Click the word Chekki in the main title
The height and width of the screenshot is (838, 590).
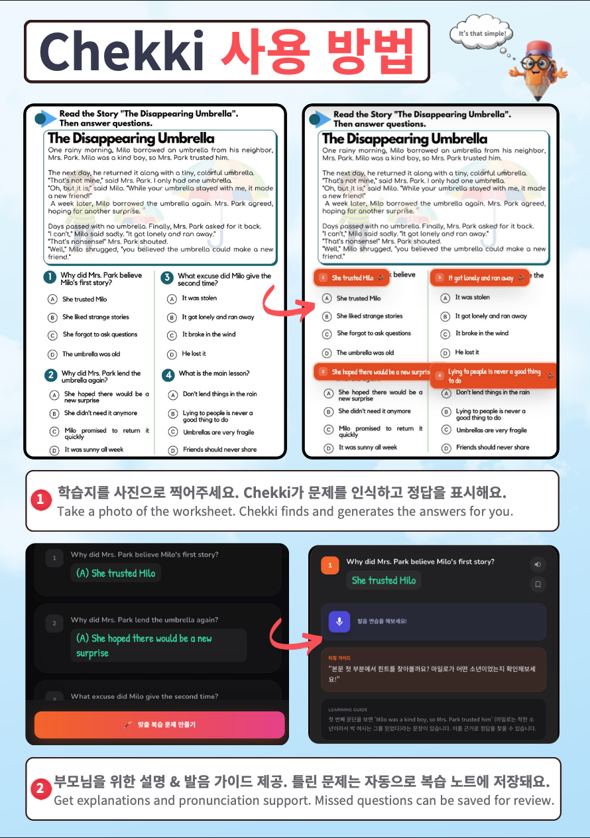121,52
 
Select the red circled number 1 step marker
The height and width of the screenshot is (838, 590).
40,501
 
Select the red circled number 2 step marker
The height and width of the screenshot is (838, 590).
40,789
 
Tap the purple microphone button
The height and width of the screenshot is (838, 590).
339,621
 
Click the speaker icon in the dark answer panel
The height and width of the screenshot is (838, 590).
538,565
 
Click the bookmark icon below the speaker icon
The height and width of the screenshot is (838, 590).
538,584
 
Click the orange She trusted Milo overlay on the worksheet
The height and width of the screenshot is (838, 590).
351,278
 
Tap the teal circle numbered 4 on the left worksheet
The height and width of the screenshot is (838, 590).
168,375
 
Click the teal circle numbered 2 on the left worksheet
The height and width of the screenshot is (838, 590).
50,376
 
